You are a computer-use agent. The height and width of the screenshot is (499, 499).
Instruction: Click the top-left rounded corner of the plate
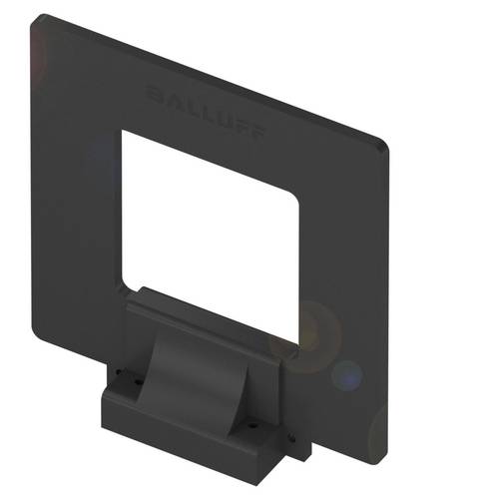40,20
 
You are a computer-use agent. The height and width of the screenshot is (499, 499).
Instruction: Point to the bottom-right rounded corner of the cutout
293,349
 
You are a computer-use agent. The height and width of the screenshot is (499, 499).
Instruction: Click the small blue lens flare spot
346,375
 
